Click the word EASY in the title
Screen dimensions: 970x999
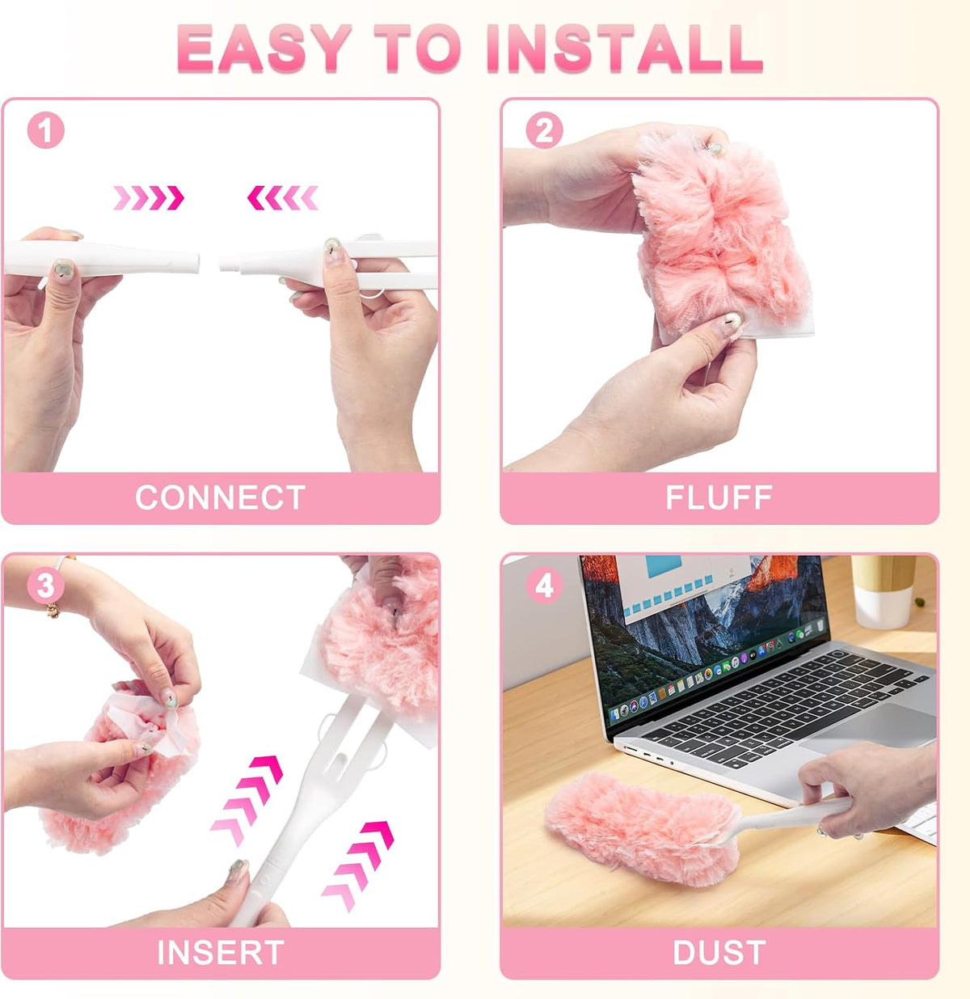[x=264, y=49]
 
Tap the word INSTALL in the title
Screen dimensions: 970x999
[x=624, y=49]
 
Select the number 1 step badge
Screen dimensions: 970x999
[x=45, y=130]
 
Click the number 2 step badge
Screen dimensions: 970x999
[x=544, y=130]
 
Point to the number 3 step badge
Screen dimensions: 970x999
[x=45, y=585]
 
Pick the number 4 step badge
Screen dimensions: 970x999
[x=544, y=585]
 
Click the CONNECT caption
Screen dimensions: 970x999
[x=220, y=497]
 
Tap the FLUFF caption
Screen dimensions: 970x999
[x=719, y=497]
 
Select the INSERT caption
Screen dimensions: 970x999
[x=220, y=952]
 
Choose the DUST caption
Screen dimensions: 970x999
[x=719, y=952]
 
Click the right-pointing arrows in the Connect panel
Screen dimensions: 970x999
[x=148, y=197]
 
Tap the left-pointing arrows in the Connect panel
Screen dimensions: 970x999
[x=283, y=197]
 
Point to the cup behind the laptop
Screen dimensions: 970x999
[x=884, y=592]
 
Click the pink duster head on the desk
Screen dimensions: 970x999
[x=643, y=829]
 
